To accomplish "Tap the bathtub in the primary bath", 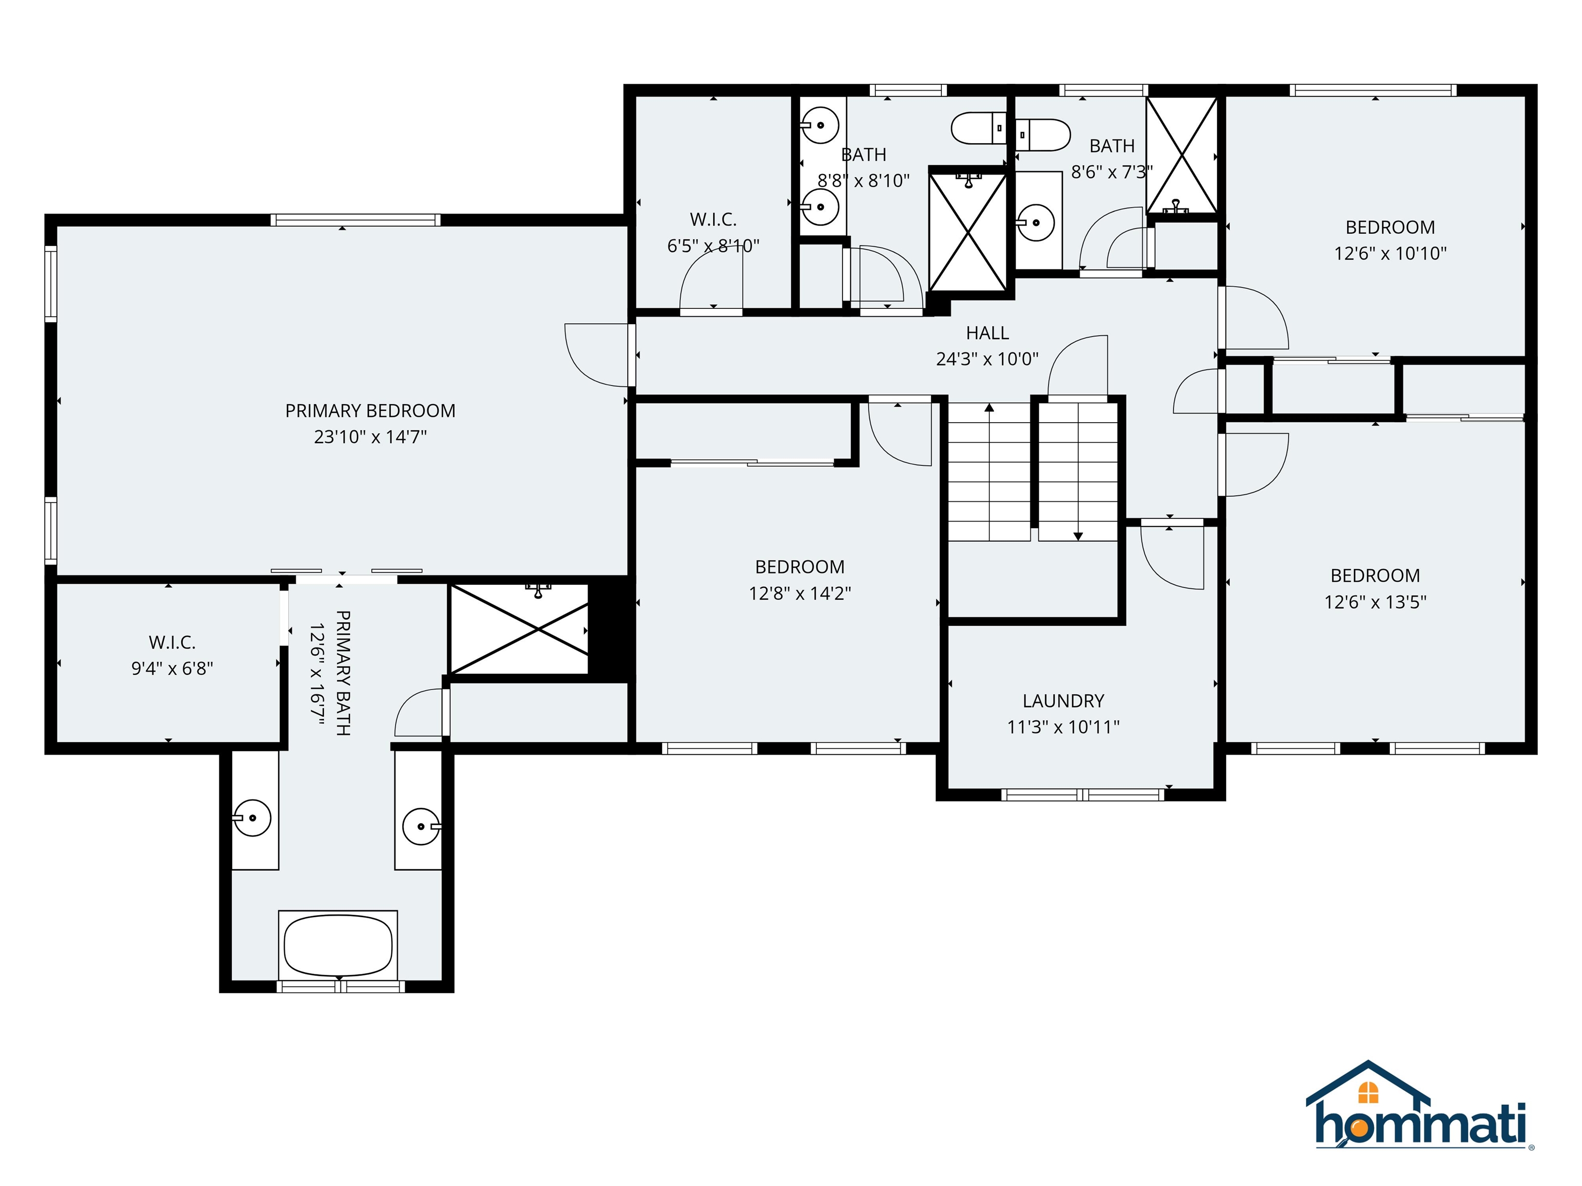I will pos(338,945).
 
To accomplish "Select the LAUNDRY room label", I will pos(1063,701).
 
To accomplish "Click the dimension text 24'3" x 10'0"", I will pos(987,359).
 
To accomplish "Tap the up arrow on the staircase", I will pos(989,409).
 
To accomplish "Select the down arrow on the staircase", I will pos(1078,535).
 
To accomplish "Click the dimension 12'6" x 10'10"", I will pos(1389,253).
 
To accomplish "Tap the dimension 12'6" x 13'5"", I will pos(1374,602).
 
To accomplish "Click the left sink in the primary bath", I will pos(253,818).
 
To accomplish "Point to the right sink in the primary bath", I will pos(421,826).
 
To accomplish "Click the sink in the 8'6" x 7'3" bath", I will pos(1036,222).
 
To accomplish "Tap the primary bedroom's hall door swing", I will pos(596,355).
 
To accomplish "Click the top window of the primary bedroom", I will pos(355,219).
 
